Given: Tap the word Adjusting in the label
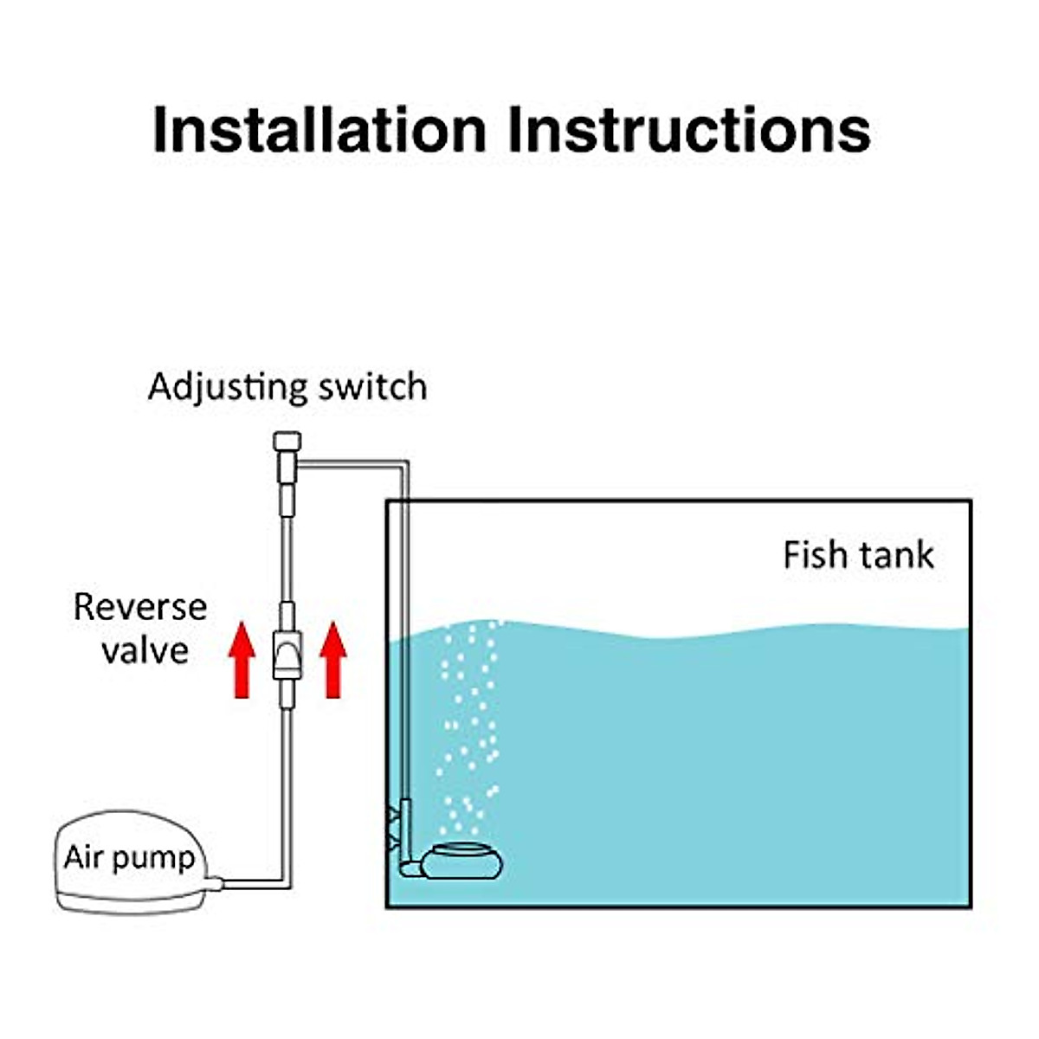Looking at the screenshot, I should click(227, 387).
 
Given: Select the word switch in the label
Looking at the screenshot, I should click(372, 387).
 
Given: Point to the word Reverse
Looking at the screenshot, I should click(140, 607).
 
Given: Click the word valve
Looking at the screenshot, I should click(145, 650).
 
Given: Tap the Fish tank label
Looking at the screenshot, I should click(858, 555).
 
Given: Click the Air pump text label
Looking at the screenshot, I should click(129, 857).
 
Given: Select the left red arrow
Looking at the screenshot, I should click(242, 662).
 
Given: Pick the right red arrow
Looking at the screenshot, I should click(332, 662).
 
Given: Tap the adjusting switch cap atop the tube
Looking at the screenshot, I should click(287, 441).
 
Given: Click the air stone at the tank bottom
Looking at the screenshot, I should click(461, 862).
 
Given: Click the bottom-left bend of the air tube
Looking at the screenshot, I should click(285, 882).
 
